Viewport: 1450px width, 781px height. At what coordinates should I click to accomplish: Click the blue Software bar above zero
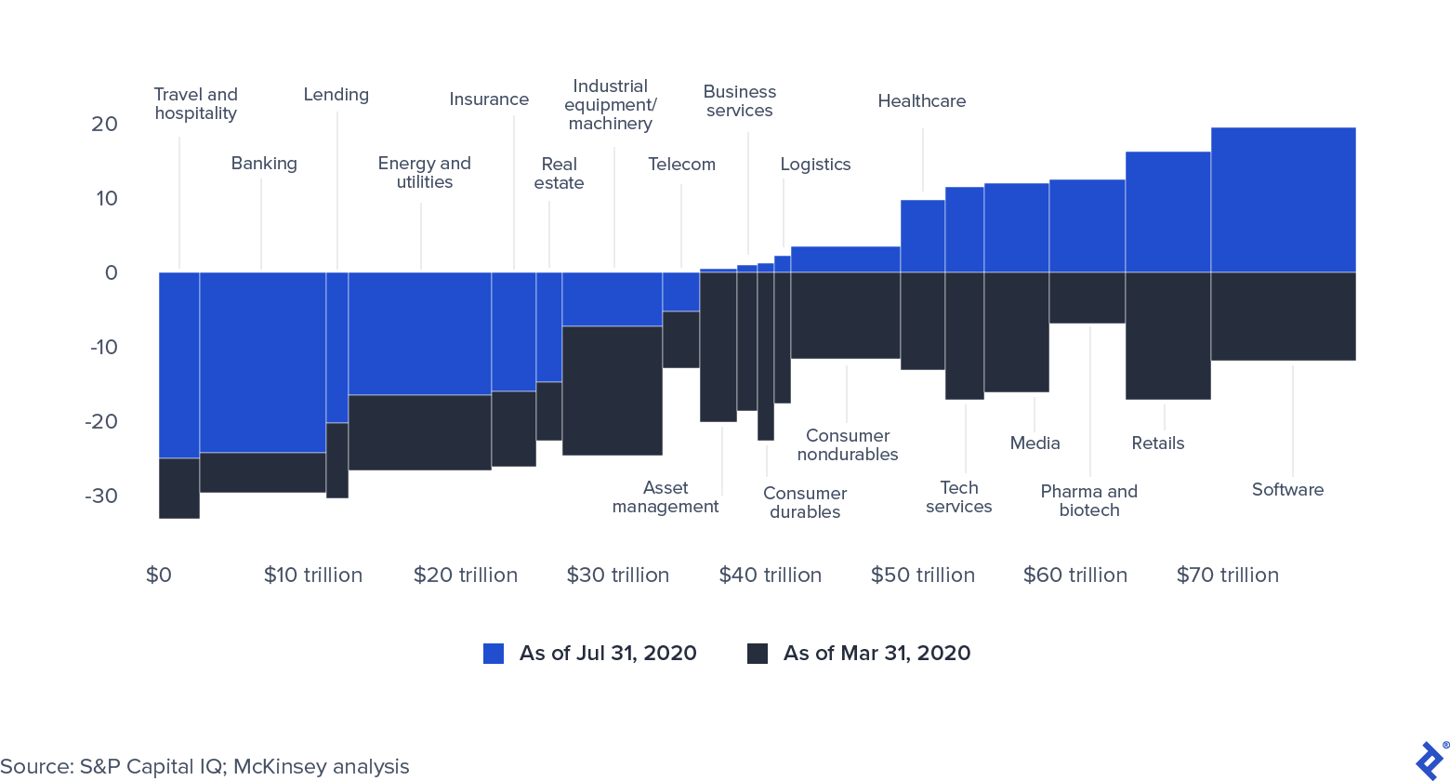[x=1283, y=200]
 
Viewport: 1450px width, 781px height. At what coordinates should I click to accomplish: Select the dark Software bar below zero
[x=1283, y=316]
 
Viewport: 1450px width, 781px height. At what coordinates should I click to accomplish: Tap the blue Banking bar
[x=262, y=363]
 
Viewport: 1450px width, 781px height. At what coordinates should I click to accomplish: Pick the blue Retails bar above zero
[x=1167, y=212]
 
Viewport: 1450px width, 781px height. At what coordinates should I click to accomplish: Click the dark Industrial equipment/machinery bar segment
[x=612, y=390]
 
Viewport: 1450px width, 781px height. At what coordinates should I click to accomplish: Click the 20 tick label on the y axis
[x=104, y=124]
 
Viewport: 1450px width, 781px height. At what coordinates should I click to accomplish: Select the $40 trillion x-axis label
[x=770, y=575]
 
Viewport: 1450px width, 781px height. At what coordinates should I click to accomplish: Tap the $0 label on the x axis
[x=159, y=575]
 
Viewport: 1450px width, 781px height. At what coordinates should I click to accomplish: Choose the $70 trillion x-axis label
[x=1227, y=575]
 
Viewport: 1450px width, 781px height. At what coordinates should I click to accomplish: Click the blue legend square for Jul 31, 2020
[x=494, y=654]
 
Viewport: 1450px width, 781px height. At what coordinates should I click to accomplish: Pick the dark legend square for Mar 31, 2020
[x=758, y=654]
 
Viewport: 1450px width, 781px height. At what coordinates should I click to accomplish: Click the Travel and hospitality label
[x=195, y=104]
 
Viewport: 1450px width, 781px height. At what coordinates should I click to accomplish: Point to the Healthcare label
[x=921, y=101]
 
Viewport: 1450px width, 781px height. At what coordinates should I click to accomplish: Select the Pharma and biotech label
[x=1088, y=500]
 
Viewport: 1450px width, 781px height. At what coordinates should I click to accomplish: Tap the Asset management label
[x=666, y=497]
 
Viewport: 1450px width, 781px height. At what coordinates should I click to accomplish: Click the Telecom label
[x=681, y=165]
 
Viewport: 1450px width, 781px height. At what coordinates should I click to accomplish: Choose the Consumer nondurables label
[x=848, y=445]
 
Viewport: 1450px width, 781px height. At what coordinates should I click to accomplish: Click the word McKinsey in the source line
[x=275, y=766]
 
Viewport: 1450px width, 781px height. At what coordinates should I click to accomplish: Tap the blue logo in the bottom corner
[x=1430, y=759]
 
